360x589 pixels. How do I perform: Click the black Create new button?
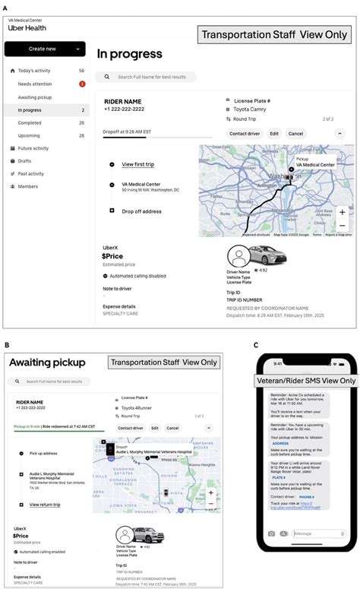point(45,49)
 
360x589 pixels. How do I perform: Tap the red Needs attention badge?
point(82,84)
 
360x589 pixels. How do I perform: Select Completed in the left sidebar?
point(30,122)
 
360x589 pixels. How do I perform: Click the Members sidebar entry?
point(28,186)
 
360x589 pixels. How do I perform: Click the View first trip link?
point(138,164)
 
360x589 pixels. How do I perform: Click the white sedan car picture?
point(270,258)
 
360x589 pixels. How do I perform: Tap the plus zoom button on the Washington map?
point(343,212)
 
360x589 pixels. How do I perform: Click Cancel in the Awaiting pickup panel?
point(172,428)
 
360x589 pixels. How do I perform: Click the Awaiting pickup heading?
point(47,363)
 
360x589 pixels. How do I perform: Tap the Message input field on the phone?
point(314,555)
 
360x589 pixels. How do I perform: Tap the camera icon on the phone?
point(270,555)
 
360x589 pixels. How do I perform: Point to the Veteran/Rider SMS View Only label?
point(305,381)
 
